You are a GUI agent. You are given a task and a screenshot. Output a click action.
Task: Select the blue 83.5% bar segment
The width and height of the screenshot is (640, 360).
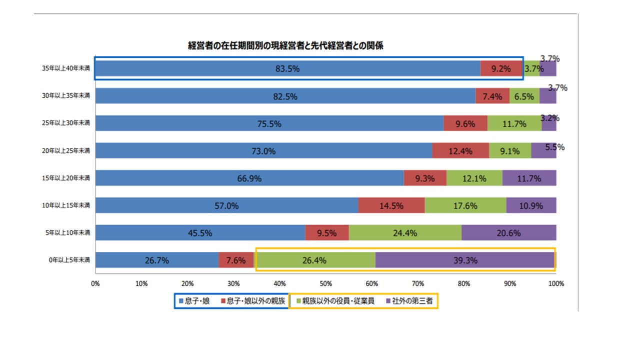coord(287,68)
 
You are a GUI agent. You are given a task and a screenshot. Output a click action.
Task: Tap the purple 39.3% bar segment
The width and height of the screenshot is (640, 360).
coord(465,260)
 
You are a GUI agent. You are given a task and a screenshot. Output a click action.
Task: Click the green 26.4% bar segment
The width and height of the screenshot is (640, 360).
coord(314,260)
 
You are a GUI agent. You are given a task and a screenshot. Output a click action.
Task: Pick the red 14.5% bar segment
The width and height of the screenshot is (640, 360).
coord(391,205)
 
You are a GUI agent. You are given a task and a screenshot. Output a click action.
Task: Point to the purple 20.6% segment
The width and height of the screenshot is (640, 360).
coord(508,233)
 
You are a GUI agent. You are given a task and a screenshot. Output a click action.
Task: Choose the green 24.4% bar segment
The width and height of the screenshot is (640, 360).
coord(405,233)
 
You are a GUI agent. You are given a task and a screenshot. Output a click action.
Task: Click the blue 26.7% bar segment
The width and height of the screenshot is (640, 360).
coord(156,260)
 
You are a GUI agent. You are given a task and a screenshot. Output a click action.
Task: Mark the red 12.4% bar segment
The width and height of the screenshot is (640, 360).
coord(460,151)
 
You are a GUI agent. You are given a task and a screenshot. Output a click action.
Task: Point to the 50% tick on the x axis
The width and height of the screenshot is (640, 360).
coord(325,283)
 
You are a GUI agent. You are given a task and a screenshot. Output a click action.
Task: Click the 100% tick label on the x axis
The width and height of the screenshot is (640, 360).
coord(556,283)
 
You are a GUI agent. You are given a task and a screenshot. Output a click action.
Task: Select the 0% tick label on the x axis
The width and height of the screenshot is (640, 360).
coord(95,283)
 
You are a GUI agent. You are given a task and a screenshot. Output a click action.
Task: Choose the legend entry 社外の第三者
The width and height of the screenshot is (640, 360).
coord(412,301)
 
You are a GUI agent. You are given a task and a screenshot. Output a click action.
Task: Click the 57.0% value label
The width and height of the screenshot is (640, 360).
coord(226,205)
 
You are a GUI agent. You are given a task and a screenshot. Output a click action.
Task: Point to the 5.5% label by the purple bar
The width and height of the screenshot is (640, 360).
coord(554,147)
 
